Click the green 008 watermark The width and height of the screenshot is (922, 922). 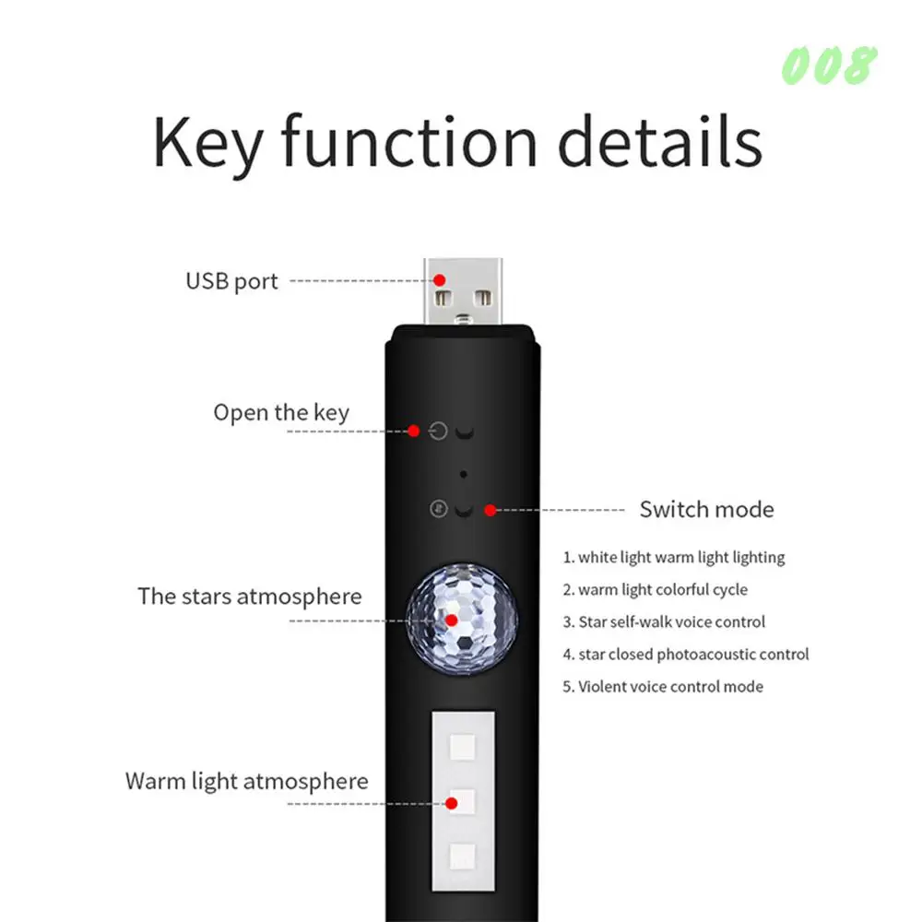click(x=828, y=65)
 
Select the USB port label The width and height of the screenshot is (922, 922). click(x=231, y=281)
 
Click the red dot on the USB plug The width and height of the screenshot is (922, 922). click(x=441, y=279)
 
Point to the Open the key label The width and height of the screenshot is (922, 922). click(x=281, y=412)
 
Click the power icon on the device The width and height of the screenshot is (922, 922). click(x=439, y=431)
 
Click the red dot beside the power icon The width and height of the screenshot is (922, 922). click(x=414, y=431)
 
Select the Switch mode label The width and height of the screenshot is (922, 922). click(x=706, y=509)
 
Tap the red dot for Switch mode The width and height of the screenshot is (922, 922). click(x=491, y=509)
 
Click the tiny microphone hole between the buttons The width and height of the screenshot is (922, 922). click(x=463, y=474)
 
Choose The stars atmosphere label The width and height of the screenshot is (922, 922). click(x=250, y=596)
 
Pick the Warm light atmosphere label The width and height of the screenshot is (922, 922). click(x=246, y=782)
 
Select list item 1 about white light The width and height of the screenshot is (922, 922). click(x=674, y=557)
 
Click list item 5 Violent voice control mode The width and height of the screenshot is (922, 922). click(x=663, y=686)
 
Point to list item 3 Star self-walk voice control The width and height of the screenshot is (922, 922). click(x=664, y=621)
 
